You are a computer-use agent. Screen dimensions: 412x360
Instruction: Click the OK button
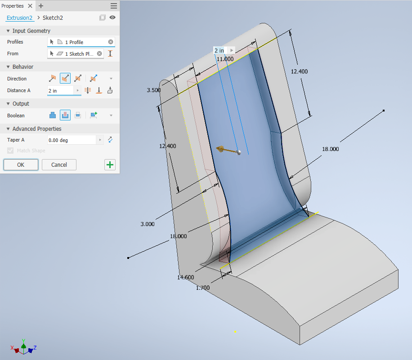point(21,164)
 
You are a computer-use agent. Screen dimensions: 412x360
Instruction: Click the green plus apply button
point(110,164)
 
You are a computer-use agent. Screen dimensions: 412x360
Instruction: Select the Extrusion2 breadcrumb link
point(19,18)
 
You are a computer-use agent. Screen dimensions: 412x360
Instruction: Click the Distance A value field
point(61,91)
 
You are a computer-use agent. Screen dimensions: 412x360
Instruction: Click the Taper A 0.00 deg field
point(72,140)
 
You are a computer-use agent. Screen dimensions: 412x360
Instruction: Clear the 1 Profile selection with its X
point(111,42)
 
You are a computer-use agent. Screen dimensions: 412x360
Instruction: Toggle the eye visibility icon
point(112,18)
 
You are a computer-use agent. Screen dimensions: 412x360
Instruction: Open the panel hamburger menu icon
point(114,6)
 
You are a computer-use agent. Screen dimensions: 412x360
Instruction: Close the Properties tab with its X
point(30,6)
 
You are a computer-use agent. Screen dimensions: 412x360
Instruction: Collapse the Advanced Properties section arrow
point(8,129)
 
